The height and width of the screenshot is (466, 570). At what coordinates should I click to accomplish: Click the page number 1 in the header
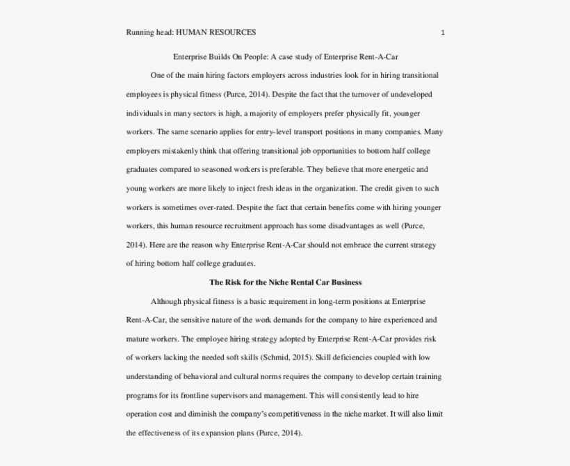(443, 32)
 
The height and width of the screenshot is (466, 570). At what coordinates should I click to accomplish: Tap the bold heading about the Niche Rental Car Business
(286, 282)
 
